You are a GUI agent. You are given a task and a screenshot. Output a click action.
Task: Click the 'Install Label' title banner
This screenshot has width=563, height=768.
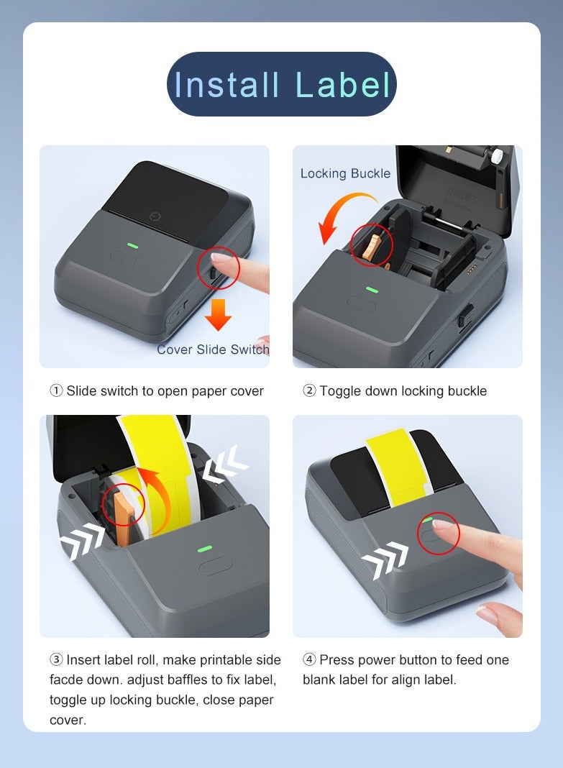coord(281,84)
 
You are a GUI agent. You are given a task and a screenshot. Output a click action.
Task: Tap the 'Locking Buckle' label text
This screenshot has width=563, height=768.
coord(345,173)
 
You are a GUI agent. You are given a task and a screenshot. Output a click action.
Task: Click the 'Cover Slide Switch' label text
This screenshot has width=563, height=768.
coord(213,349)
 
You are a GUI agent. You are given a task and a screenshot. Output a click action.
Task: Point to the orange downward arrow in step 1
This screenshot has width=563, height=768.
coord(218,314)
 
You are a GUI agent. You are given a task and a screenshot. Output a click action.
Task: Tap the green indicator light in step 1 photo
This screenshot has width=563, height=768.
coord(133,244)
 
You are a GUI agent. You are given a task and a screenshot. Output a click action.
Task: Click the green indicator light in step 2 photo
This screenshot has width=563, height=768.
coord(372,290)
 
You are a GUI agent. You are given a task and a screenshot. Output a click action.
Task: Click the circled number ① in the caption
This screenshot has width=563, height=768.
coord(56,391)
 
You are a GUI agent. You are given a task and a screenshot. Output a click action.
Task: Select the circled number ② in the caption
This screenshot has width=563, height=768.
coord(309,391)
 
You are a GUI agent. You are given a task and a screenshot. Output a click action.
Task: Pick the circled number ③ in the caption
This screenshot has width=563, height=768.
coord(56,660)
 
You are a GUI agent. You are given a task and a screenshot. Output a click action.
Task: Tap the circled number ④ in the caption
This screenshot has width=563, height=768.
coord(309,660)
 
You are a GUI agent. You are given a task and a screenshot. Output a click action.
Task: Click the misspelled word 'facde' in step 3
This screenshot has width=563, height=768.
coord(67,680)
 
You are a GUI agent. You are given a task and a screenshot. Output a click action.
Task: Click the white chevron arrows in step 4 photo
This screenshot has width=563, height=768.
coord(385,559)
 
